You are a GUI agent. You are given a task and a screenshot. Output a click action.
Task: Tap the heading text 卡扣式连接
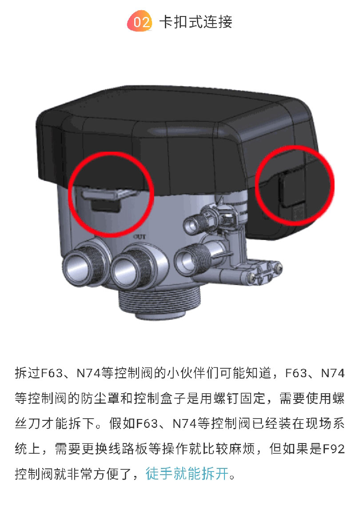click(196, 22)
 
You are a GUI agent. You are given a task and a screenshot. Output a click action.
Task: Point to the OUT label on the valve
click(140, 237)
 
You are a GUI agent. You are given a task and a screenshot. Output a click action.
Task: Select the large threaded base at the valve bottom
click(160, 301)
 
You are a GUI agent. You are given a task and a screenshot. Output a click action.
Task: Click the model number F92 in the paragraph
click(334, 449)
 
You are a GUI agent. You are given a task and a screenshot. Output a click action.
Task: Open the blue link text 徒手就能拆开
click(187, 474)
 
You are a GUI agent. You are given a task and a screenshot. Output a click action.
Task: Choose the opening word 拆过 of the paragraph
click(28, 373)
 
